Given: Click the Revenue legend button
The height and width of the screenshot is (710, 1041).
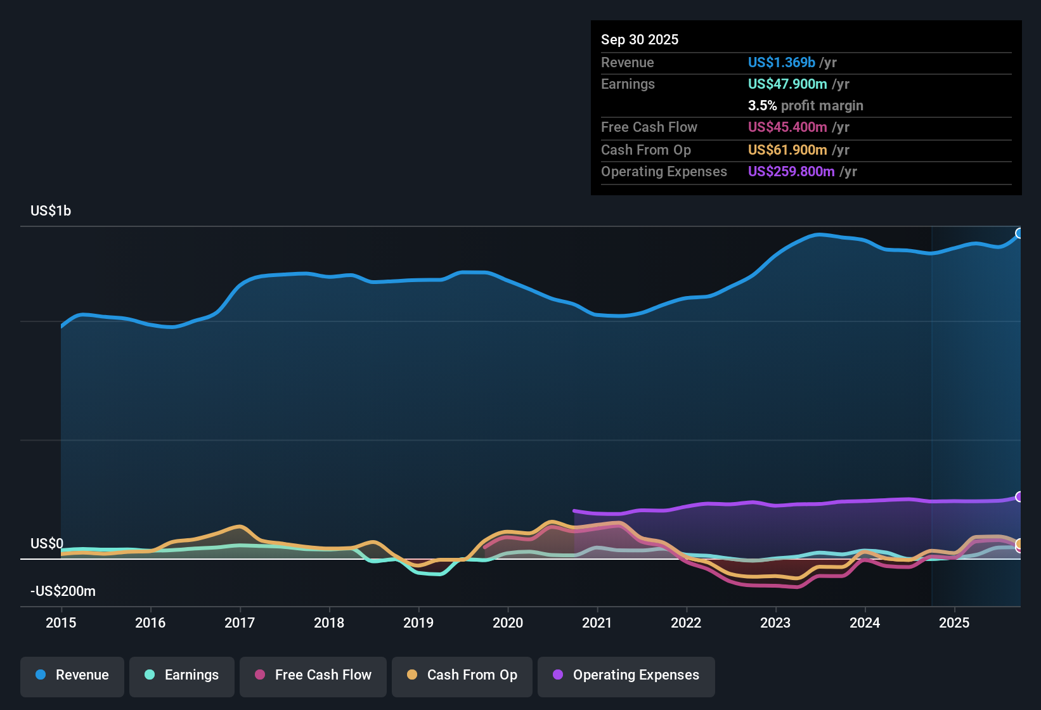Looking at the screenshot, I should (x=72, y=675).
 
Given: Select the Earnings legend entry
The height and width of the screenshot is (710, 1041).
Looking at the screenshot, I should (x=182, y=675).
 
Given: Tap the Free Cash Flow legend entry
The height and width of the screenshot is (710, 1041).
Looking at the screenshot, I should (x=313, y=675).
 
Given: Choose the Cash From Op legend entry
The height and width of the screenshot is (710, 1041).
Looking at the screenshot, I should (x=462, y=675).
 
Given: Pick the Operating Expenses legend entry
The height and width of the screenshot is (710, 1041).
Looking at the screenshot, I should (x=626, y=675).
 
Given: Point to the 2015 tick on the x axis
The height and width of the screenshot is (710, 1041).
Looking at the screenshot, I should (x=61, y=623).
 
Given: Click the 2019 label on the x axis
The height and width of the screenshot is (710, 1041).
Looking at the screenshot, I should (x=418, y=623).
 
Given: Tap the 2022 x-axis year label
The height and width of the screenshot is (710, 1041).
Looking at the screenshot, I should (x=686, y=623).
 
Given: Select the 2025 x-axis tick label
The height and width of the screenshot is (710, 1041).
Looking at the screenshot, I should (x=954, y=623).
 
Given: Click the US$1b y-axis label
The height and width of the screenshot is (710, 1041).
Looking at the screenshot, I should (x=51, y=211).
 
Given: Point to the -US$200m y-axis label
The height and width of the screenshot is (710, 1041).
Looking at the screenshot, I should (x=63, y=591).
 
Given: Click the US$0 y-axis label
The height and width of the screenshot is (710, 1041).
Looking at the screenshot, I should (x=47, y=544).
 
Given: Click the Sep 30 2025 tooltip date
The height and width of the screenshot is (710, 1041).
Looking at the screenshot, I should (x=640, y=39).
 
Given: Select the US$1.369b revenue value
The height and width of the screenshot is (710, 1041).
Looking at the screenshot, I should (x=781, y=62).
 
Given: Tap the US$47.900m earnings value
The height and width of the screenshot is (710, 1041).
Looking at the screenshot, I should (x=787, y=84).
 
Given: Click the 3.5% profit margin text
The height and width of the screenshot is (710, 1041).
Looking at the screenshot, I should (x=805, y=106).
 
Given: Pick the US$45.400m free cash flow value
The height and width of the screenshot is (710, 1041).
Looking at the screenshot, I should (x=787, y=127).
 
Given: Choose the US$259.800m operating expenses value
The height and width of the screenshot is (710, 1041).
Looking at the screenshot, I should (x=791, y=172).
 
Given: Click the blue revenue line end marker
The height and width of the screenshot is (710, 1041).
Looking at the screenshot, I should (x=1019, y=233).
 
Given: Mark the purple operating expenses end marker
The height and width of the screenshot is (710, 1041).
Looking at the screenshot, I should (x=1019, y=496).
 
